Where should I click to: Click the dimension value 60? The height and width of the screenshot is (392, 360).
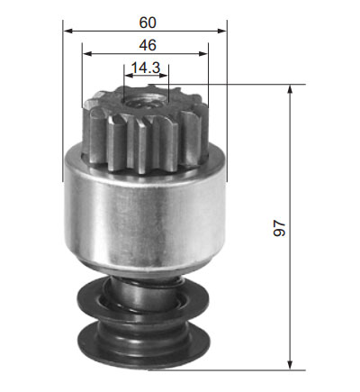point(148,23)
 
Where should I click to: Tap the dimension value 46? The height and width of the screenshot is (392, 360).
point(148,45)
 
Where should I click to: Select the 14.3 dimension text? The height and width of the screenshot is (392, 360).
point(146,68)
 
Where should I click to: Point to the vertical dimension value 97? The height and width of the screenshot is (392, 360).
point(279,228)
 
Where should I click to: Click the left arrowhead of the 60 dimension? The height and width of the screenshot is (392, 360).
point(68,31)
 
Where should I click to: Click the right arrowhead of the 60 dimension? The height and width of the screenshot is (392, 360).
point(221,31)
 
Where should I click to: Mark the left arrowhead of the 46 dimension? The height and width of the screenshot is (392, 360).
point(87,53)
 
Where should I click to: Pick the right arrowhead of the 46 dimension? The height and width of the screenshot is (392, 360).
point(202,53)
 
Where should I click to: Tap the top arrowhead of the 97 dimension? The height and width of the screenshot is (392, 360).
point(290,90)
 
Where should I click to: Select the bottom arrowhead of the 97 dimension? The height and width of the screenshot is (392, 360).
point(290,365)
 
